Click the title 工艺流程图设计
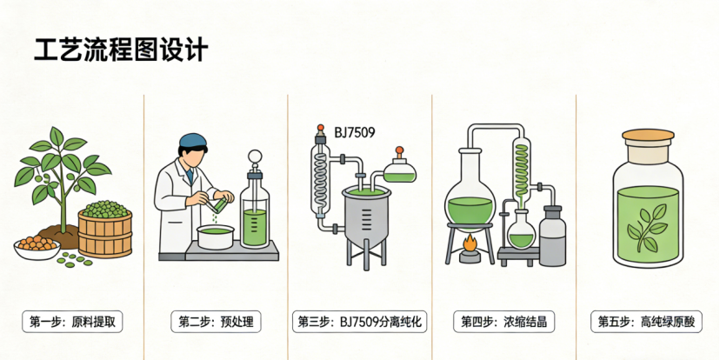[121, 50]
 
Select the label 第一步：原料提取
[72, 322]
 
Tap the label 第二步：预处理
[216, 322]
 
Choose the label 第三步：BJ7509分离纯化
[359, 322]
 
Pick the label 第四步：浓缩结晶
[503, 322]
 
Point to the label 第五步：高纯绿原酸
[648, 322]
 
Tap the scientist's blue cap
[193, 141]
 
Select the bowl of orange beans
[37, 248]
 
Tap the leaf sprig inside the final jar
[648, 228]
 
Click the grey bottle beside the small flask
[552, 236]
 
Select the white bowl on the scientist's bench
[216, 237]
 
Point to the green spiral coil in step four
[522, 170]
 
